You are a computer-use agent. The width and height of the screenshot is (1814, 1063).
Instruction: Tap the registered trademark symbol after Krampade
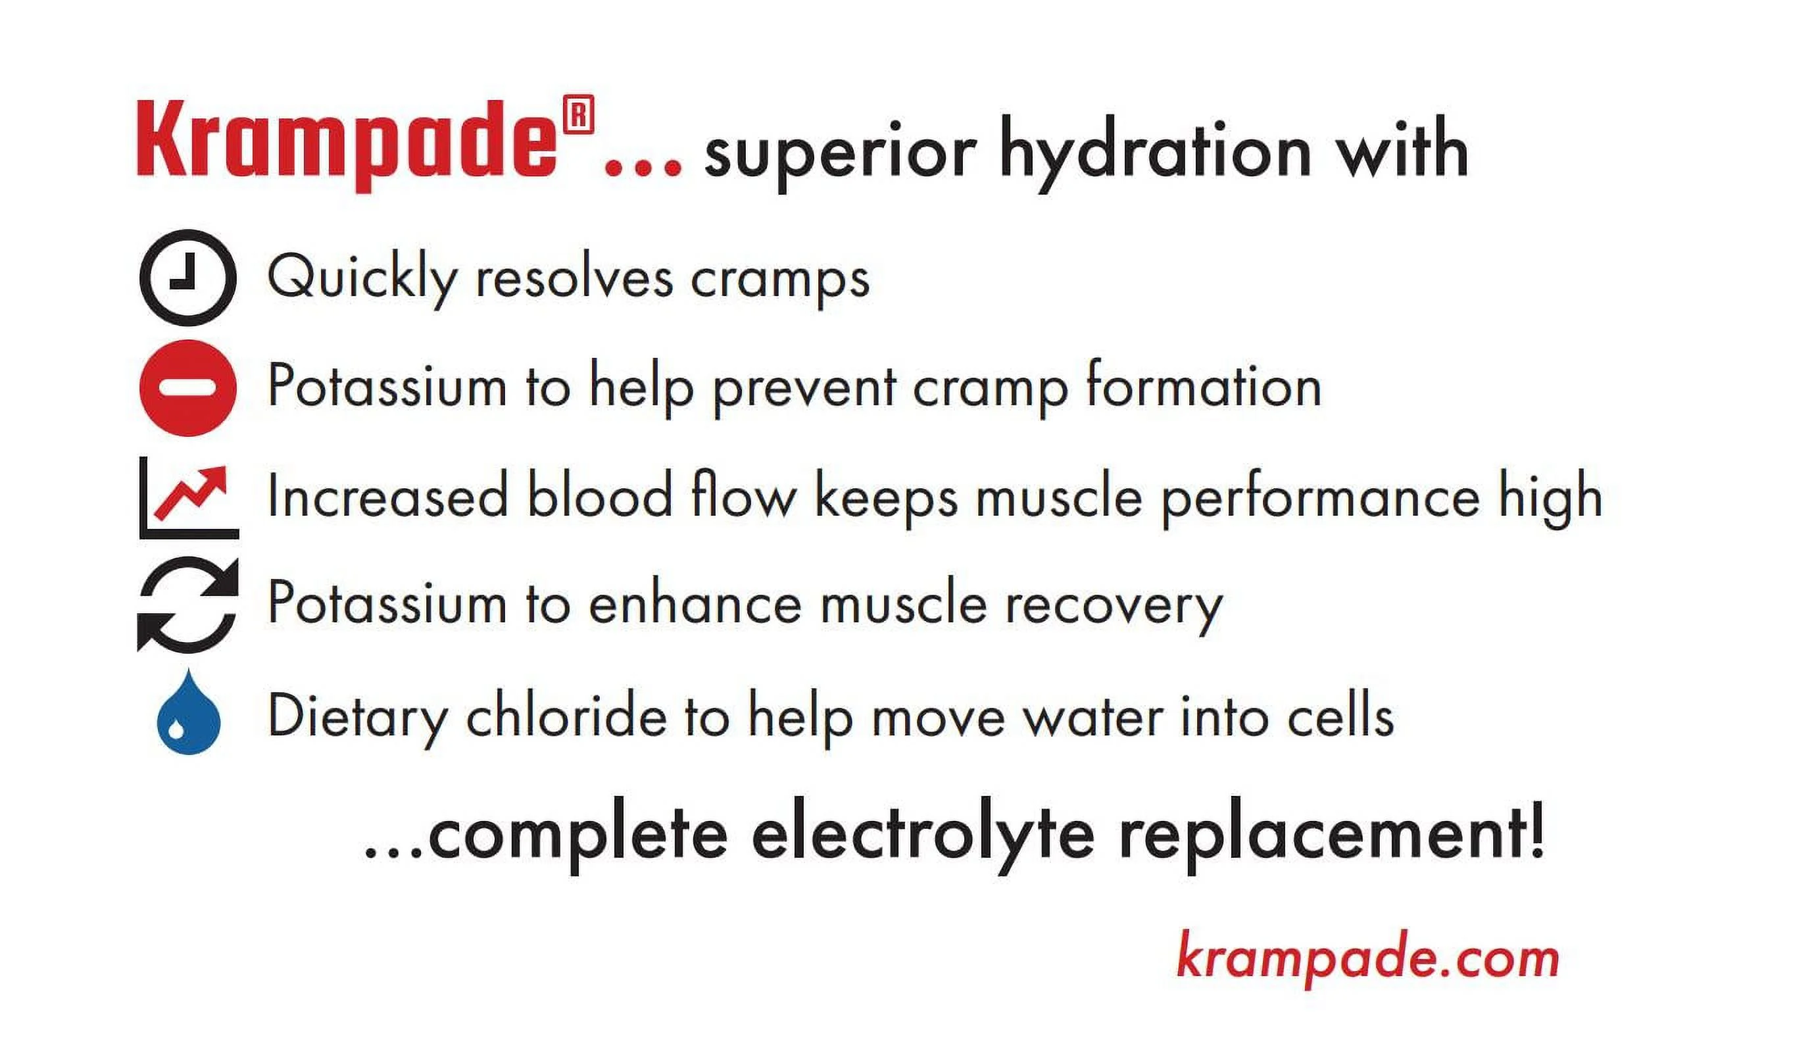579,114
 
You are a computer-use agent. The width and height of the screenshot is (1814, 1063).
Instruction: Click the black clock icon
188,278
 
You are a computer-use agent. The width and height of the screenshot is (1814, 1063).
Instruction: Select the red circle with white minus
188,388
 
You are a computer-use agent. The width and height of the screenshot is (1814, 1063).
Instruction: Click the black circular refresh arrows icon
188,605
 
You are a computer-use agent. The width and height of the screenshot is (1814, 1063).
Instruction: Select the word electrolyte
923,839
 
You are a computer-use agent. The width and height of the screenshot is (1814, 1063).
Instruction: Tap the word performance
1321,499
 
